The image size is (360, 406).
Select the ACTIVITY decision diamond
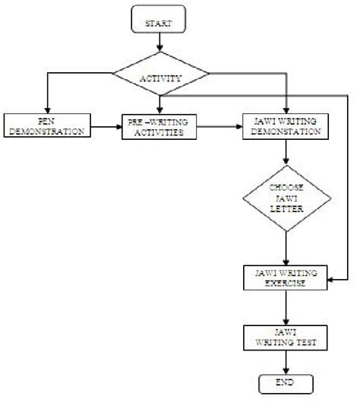click(159, 77)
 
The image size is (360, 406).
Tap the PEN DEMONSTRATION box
click(46, 126)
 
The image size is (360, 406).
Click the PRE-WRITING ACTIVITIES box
click(159, 126)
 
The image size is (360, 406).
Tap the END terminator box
click(285, 382)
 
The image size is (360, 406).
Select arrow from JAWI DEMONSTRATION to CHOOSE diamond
click(285, 155)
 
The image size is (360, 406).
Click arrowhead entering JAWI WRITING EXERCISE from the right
click(332, 281)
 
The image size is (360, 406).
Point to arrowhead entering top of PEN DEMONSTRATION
click(46, 109)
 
